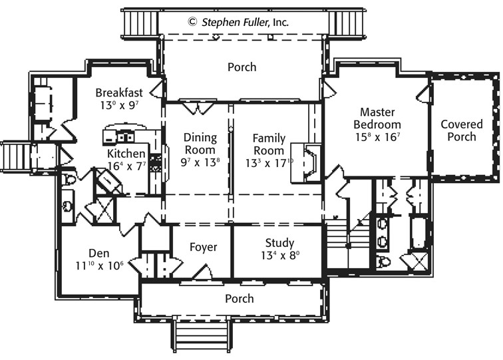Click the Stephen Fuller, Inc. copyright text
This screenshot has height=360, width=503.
click(238, 22)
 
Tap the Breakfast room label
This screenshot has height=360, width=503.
click(119, 92)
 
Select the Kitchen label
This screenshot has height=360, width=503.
click(126, 153)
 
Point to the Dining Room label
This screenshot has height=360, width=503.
click(200, 144)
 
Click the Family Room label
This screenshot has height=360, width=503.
click(269, 144)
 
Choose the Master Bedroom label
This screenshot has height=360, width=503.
click(377, 118)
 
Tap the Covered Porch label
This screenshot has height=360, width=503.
click(462, 130)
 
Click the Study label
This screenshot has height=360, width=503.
click(279, 243)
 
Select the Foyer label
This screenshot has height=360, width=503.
click(204, 247)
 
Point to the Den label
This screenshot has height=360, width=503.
click(98, 253)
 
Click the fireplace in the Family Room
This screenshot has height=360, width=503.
click(306, 163)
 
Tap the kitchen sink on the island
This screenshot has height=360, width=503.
click(125, 137)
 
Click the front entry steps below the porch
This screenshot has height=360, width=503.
click(202, 335)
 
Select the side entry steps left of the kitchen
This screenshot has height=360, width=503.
click(16, 157)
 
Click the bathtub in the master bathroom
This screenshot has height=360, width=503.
click(419, 233)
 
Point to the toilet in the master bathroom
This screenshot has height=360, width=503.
click(383, 262)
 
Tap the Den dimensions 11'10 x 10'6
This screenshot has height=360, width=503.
click(99, 266)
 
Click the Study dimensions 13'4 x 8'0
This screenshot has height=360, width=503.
click(280, 256)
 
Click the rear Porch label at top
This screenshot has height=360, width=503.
click(242, 67)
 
